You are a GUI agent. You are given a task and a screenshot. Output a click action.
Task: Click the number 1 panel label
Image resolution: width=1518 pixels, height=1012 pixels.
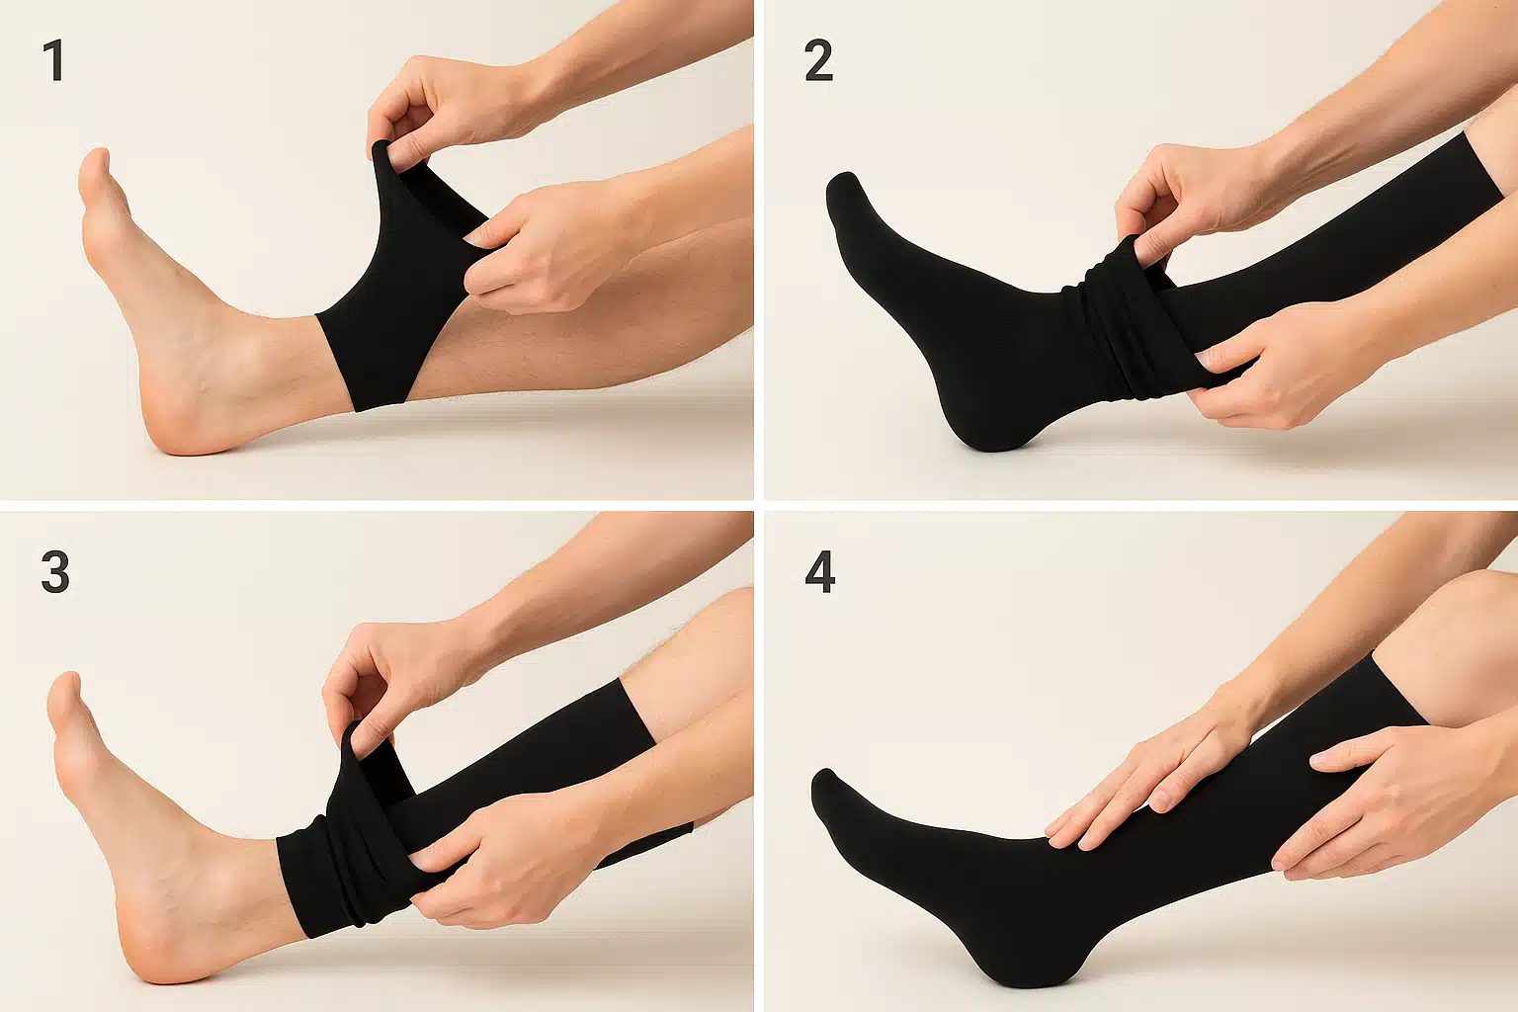pos(54,61)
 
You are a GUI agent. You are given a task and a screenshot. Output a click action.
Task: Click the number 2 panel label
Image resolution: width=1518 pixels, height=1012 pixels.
pos(818,61)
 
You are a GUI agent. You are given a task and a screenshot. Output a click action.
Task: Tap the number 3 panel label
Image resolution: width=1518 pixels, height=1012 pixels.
pos(55,572)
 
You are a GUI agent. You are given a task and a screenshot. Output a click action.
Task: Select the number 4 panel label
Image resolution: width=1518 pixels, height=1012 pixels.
pos(820,572)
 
